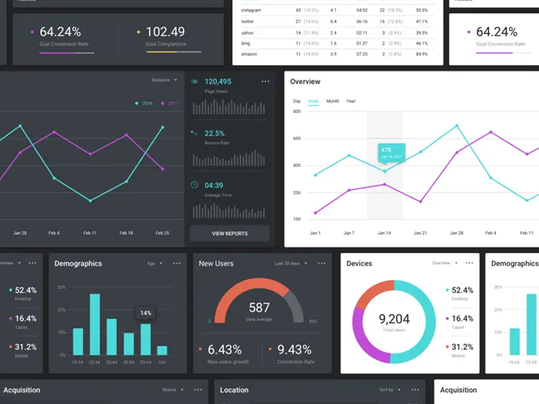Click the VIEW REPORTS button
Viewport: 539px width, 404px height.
[x=230, y=234]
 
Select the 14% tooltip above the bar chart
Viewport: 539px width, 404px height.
[x=146, y=313]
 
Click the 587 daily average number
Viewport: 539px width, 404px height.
[x=259, y=308]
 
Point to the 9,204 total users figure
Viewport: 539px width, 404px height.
[x=394, y=319]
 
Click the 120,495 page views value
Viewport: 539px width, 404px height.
[x=218, y=81]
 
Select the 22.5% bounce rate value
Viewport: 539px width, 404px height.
[x=214, y=133]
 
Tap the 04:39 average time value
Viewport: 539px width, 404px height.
[x=214, y=185]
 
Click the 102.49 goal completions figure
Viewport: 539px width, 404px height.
[x=165, y=32]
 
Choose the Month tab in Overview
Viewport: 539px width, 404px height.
[x=333, y=101]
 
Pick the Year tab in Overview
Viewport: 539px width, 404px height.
[x=351, y=101]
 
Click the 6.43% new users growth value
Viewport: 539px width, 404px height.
[x=224, y=349]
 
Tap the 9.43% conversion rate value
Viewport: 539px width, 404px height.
[x=294, y=349]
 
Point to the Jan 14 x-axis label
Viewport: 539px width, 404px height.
[x=384, y=233]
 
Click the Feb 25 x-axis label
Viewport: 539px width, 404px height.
[x=162, y=233]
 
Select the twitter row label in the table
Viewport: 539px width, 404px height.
[x=247, y=22]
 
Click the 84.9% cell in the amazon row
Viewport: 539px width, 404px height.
[x=422, y=54]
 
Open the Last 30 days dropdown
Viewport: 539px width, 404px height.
[x=290, y=263]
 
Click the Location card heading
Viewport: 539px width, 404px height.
[x=234, y=390]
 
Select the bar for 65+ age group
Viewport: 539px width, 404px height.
[x=162, y=350]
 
